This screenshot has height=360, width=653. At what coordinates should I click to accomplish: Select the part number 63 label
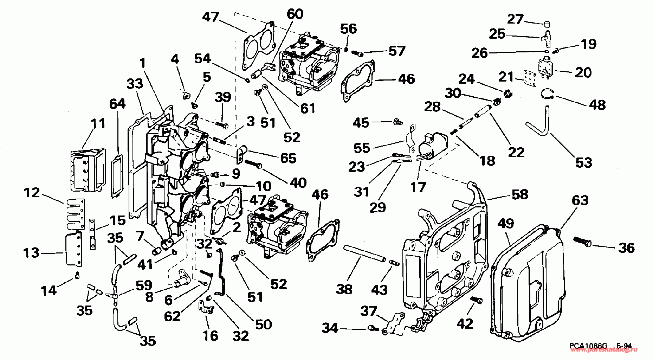(580, 200)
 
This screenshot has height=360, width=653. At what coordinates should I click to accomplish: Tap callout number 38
(344, 289)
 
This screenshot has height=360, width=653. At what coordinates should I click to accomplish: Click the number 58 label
(520, 194)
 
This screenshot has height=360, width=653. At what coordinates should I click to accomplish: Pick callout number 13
(31, 252)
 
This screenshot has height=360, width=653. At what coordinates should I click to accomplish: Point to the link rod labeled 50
(220, 272)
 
